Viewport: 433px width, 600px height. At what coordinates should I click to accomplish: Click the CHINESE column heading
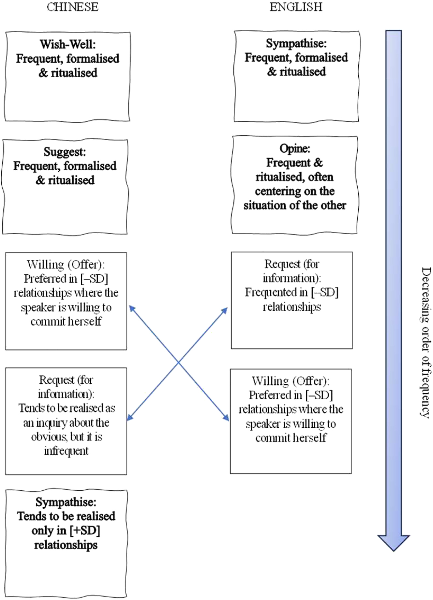point(72,7)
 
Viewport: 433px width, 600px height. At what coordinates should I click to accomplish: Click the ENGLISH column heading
point(296,7)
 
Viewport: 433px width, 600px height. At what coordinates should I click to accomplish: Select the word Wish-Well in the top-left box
point(67,44)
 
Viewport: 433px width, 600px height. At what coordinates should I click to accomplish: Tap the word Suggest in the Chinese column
point(64,152)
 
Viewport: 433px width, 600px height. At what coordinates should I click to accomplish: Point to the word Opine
point(295,148)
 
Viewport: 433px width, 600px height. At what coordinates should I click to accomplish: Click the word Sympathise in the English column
point(296,43)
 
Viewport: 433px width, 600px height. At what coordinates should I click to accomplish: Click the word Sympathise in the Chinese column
point(66,502)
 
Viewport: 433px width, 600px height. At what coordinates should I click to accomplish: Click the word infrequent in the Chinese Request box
point(66,451)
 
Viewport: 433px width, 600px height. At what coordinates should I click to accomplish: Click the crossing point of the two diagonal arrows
point(179,362)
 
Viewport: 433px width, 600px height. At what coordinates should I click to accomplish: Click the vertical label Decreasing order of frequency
point(426,343)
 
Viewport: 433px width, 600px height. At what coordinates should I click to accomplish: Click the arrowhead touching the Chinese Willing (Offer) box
point(132,308)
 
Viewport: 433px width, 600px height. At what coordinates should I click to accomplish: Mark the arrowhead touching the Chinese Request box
point(129,418)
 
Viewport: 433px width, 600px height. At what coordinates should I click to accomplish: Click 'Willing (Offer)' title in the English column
point(291,381)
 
